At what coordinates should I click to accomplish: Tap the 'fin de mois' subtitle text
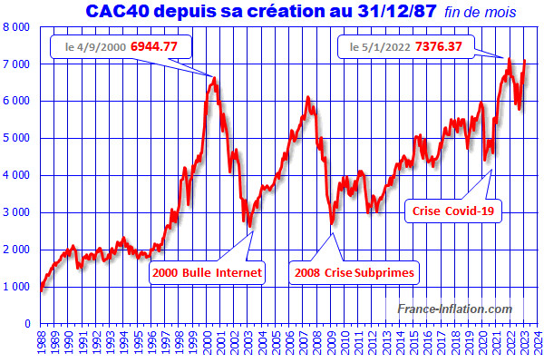pos(480,14)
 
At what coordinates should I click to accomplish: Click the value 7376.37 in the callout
pos(439,44)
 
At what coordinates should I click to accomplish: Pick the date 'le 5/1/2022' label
pos(377,44)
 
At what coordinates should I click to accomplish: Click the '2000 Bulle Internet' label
pos(208,271)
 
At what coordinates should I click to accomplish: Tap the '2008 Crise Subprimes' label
pos(355,271)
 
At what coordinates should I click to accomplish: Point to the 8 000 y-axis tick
pos(17,27)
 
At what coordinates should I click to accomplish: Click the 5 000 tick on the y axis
pos(17,138)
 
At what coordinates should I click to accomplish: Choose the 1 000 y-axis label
pos(17,286)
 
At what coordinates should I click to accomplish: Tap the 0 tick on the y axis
pos(29,323)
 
